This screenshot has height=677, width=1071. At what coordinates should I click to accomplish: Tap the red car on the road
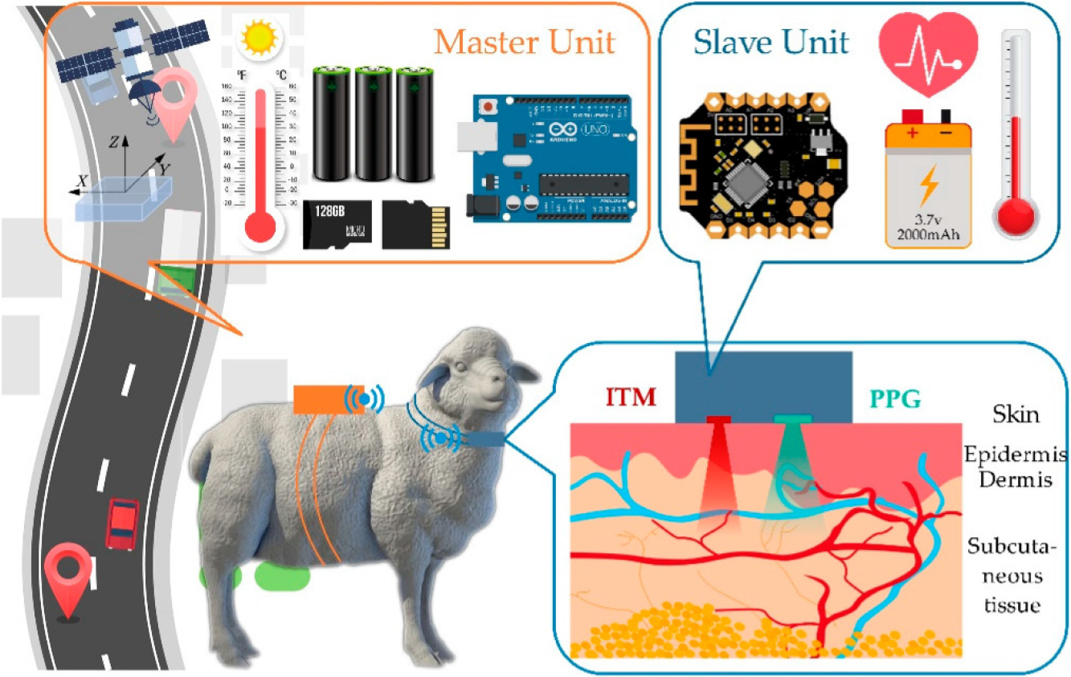(122, 524)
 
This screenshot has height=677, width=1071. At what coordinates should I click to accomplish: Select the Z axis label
(115, 142)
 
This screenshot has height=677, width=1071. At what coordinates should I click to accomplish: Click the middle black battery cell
(374, 124)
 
